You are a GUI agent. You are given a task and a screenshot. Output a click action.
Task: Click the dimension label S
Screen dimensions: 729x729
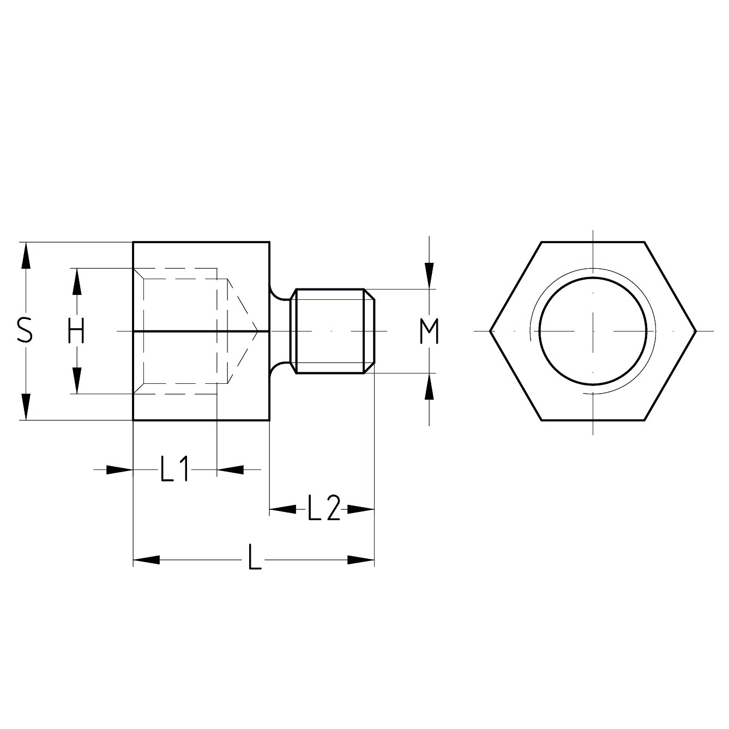coord(25,331)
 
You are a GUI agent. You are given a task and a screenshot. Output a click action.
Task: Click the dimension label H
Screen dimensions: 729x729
coord(76,331)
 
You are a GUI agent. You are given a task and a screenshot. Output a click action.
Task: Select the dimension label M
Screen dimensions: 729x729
coord(430,332)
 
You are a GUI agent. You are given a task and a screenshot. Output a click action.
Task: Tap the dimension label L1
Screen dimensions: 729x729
coord(174,469)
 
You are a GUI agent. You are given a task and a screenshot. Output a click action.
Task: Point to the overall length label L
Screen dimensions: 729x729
coord(254,557)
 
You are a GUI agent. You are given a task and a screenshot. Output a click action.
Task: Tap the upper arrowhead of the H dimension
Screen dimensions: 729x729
coord(76,282)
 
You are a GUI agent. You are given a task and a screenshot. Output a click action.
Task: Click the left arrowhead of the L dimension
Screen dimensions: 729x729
coord(146,560)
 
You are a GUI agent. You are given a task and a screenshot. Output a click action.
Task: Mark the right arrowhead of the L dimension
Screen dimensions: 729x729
coord(361,560)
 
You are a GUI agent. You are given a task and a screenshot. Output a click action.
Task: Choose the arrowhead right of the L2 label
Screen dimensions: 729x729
coord(361,509)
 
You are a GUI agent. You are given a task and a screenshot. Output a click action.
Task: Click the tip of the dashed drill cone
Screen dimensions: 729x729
coord(258,330)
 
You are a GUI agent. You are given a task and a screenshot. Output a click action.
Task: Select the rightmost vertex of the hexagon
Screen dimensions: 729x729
coord(696,331)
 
